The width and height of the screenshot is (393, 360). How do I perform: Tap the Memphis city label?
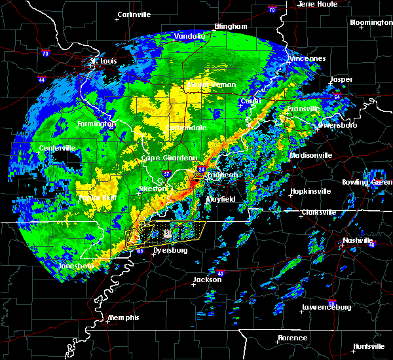click(x=124, y=317)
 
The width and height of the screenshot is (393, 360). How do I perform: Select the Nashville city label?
click(x=357, y=240)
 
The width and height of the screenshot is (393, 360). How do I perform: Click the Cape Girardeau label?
click(x=170, y=158)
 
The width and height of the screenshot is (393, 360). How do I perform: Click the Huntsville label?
click(x=369, y=346)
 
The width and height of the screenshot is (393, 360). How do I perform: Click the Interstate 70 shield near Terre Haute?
click(x=271, y=10)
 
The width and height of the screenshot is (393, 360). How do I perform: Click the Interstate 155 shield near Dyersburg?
click(x=139, y=250)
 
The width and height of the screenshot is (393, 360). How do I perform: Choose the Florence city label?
click(x=292, y=338)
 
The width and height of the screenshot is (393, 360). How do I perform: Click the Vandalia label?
click(x=189, y=36)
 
